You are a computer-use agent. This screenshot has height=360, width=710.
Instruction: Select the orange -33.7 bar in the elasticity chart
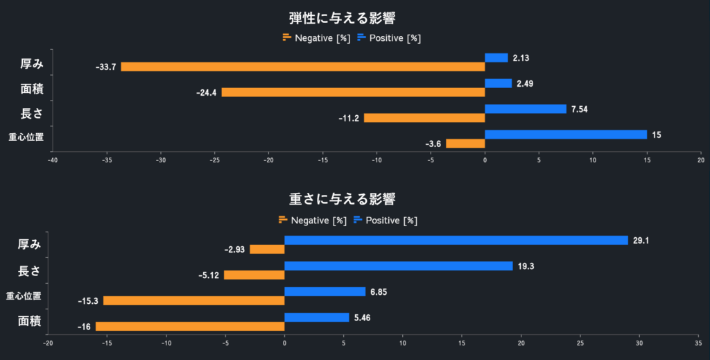302,67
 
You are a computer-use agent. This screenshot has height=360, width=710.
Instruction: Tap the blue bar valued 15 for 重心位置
565,135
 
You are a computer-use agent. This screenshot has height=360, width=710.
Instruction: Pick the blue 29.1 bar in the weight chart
456,241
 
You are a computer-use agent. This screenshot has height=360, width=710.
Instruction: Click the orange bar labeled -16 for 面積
190,326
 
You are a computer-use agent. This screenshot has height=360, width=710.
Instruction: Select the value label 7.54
580,109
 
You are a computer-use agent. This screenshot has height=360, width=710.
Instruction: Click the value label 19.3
526,266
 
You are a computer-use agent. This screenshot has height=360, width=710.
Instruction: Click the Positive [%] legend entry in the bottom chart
385,220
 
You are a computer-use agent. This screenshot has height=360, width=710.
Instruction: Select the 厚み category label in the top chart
32,64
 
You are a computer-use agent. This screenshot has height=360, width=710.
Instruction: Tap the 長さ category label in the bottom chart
28,270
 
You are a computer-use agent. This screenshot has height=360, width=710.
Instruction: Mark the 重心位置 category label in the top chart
26,137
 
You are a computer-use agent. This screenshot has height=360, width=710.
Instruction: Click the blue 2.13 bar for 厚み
496,58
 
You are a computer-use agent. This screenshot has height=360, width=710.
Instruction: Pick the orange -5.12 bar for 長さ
254,275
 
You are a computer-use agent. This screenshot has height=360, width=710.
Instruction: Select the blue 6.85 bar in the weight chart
324,292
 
